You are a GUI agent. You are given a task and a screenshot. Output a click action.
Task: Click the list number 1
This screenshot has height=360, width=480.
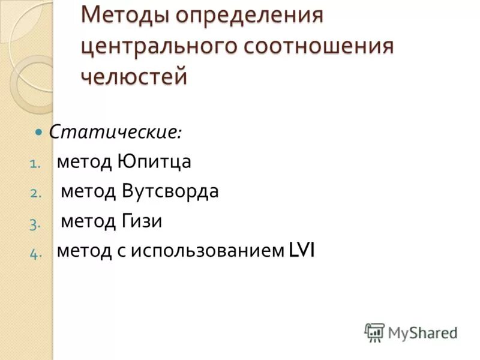(34, 163)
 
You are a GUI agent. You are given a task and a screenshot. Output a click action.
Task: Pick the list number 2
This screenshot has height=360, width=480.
(34, 194)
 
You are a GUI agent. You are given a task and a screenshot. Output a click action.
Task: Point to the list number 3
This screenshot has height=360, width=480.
(34, 224)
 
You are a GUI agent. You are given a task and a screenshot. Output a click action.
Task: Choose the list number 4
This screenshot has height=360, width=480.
(34, 254)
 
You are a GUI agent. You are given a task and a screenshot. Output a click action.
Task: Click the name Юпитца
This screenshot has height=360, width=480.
(155, 161)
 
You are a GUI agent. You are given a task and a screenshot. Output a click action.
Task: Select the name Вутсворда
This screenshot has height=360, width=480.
(170, 191)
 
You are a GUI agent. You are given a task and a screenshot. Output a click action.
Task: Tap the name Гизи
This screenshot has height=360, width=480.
(142, 221)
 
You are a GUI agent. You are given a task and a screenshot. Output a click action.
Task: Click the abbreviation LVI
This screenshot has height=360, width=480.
(302, 251)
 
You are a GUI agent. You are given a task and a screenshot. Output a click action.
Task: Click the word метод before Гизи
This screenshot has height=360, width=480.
(86, 221)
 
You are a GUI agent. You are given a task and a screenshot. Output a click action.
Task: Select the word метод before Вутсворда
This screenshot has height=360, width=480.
(86, 191)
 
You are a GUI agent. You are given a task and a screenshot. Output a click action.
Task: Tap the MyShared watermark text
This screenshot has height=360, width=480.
(422, 332)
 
